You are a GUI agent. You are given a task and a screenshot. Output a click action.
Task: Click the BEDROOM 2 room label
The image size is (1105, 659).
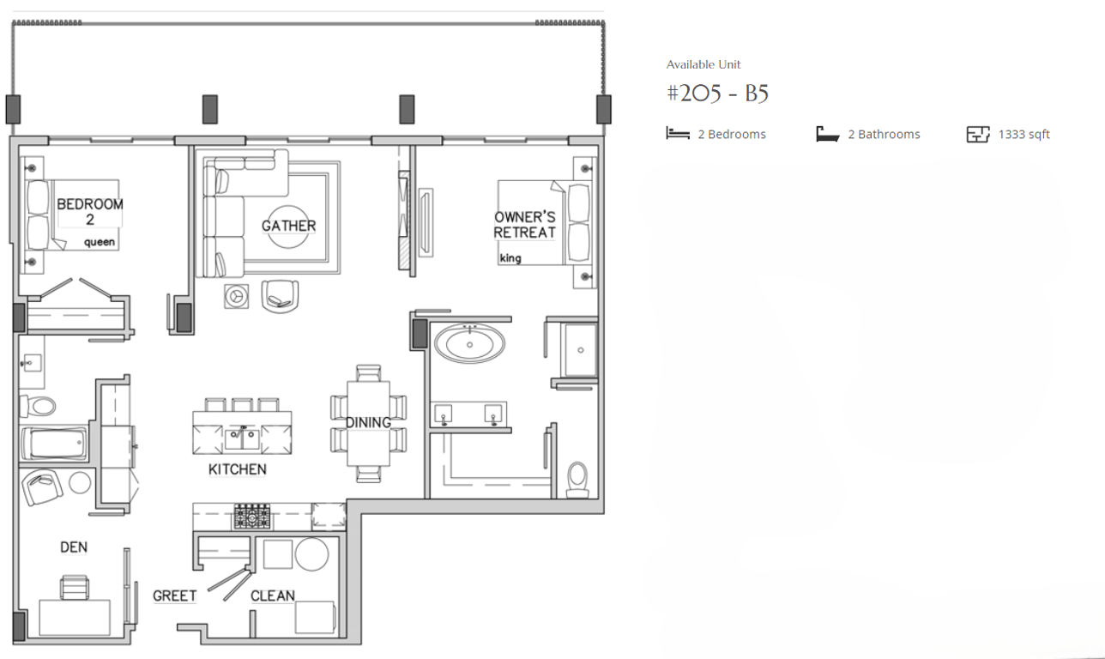pos(90,212)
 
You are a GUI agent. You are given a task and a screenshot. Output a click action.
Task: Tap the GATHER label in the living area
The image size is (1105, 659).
pos(288,226)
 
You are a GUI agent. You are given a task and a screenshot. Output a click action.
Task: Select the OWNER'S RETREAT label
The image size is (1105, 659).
pos(525,225)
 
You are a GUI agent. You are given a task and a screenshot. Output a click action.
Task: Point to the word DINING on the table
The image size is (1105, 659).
pos(368,423)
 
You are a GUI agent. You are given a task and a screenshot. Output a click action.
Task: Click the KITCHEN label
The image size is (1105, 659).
pos(238,469)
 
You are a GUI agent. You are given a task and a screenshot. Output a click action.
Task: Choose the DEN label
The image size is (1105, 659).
pos(74,547)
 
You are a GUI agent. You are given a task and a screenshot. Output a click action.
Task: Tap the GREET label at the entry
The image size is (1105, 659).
pos(175,596)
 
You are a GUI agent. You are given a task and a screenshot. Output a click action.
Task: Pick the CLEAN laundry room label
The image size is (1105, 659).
pos(272,596)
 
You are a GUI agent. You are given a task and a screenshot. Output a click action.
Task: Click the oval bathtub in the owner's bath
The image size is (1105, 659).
pos(469,343)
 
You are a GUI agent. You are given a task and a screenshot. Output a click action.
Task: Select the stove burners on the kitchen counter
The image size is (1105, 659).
pos(252,517)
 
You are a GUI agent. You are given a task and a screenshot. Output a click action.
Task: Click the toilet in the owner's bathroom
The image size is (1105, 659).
pos(577,480)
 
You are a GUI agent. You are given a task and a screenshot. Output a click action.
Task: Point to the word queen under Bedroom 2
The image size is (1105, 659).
pos(100,242)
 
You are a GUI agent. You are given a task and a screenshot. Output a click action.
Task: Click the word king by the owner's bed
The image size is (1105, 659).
pos(510,258)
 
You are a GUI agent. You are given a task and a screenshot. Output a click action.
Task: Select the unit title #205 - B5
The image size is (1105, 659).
pos(717,94)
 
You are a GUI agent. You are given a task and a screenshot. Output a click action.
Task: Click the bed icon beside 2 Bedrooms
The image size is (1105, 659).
pos(678,133)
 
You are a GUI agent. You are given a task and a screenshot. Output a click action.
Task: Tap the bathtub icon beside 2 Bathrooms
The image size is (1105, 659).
pos(828,134)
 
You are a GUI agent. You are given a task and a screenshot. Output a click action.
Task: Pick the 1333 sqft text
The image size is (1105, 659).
pos(1024,134)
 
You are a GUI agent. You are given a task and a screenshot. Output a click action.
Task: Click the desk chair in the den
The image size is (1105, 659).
pos(75,588)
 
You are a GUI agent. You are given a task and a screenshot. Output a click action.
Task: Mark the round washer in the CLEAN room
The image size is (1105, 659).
pos(311,554)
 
